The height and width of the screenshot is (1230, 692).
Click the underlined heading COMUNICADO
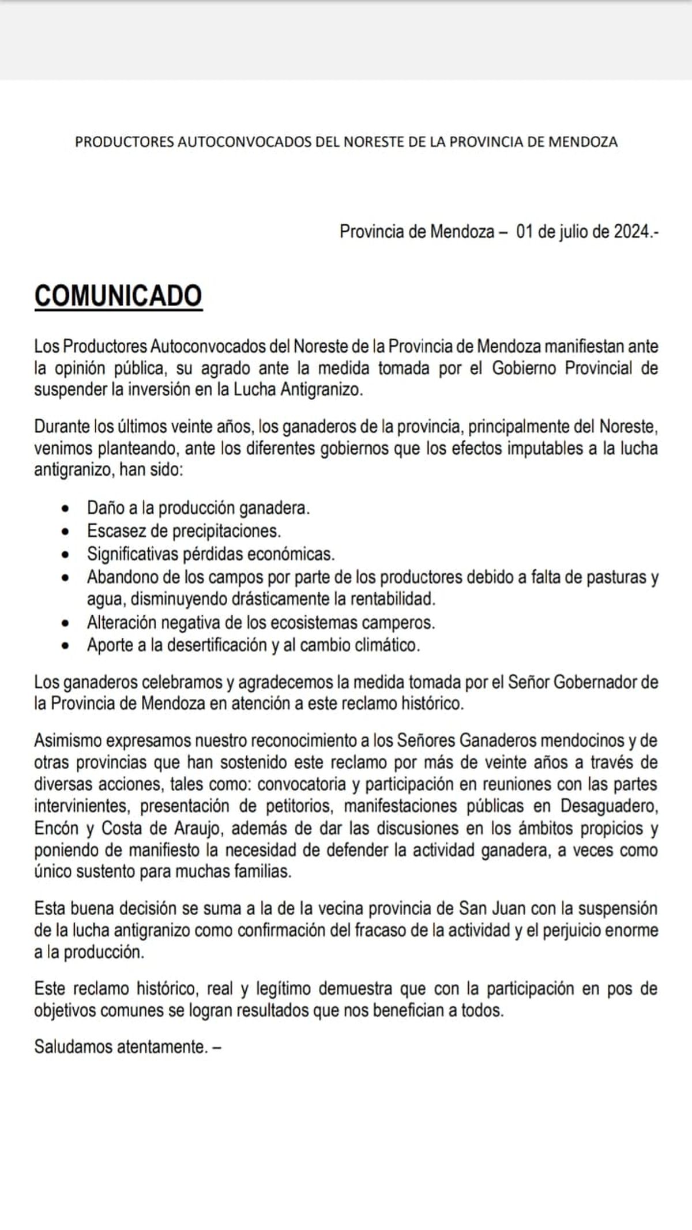pyautogui.click(x=118, y=295)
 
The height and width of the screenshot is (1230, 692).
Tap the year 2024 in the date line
pyautogui.click(x=632, y=232)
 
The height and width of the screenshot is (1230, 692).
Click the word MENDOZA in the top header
pyautogui.click(x=582, y=142)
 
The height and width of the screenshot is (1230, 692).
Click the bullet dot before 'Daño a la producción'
pyautogui.click(x=68, y=509)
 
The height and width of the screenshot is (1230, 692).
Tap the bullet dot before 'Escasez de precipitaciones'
pyautogui.click(x=68, y=531)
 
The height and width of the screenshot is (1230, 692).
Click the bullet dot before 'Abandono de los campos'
pyautogui.click(x=68, y=577)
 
